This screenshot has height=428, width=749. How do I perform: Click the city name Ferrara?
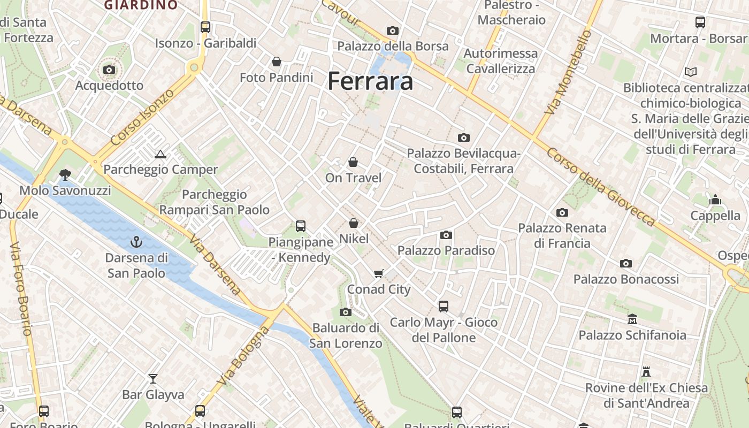[370, 81]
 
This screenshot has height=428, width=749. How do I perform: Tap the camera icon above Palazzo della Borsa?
[393, 31]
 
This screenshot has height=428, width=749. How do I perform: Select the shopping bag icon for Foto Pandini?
[277, 62]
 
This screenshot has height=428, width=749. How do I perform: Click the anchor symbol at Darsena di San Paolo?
[136, 242]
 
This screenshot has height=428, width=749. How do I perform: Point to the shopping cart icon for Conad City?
[379, 274]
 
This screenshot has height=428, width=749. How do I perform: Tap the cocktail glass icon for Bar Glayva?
[153, 379]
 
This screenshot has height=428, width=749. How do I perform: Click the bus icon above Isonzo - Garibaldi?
[205, 27]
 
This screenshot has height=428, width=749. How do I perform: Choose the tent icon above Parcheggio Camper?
[160, 155]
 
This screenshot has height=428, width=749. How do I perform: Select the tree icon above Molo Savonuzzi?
[65, 174]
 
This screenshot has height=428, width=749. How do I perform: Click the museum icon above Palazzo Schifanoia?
[632, 319]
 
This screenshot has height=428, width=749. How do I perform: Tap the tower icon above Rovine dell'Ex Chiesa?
[646, 372]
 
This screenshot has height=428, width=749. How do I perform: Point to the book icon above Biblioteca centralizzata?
[691, 72]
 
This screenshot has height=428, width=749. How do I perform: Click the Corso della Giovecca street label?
[600, 186]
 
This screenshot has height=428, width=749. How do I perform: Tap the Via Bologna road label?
[244, 356]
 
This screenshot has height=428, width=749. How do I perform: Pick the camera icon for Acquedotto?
[109, 70]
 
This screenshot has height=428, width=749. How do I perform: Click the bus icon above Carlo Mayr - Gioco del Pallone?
[444, 307]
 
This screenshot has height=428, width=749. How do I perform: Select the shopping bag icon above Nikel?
[353, 223]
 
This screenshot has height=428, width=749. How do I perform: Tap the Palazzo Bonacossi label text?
[626, 279]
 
